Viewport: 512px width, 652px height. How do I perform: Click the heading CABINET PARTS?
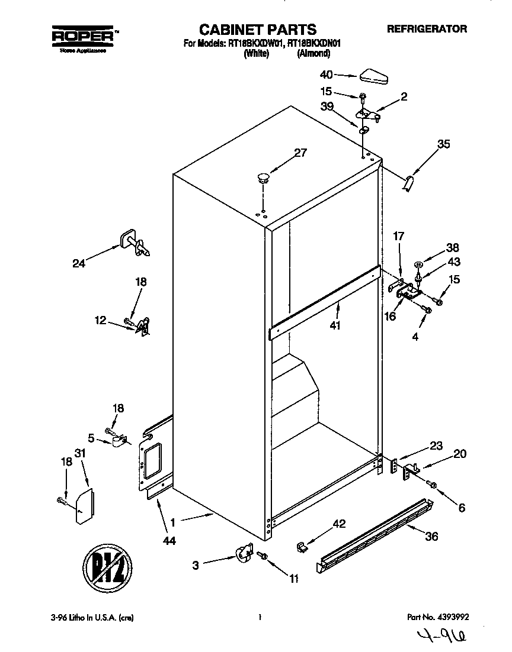257,30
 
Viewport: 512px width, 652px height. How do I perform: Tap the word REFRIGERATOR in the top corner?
427,28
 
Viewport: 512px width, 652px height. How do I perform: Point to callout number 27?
300,153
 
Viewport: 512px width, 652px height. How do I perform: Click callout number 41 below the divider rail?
335,325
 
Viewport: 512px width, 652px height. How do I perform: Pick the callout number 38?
453,248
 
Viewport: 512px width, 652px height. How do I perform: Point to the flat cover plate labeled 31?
82,506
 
